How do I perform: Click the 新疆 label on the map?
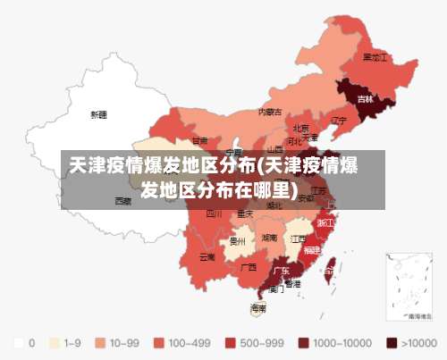pyautogui.click(x=98, y=114)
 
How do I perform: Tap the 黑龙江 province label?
pyautogui.click(x=375, y=56)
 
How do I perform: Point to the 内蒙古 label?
pyautogui.click(x=270, y=113)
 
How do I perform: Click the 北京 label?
pyautogui.click(x=301, y=128)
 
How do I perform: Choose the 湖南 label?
pyautogui.click(x=268, y=239)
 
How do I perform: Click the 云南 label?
pyautogui.click(x=207, y=257)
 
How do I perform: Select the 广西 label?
pyautogui.click(x=249, y=267)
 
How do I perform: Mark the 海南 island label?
pyautogui.click(x=258, y=308)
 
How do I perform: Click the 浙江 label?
pyautogui.click(x=326, y=222)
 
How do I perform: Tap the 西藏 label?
pyautogui.click(x=122, y=201)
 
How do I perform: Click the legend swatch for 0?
pyautogui.click(x=18, y=342)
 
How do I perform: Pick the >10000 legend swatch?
pyautogui.click(x=392, y=342)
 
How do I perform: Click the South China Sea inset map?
pyautogui.click(x=408, y=285)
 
